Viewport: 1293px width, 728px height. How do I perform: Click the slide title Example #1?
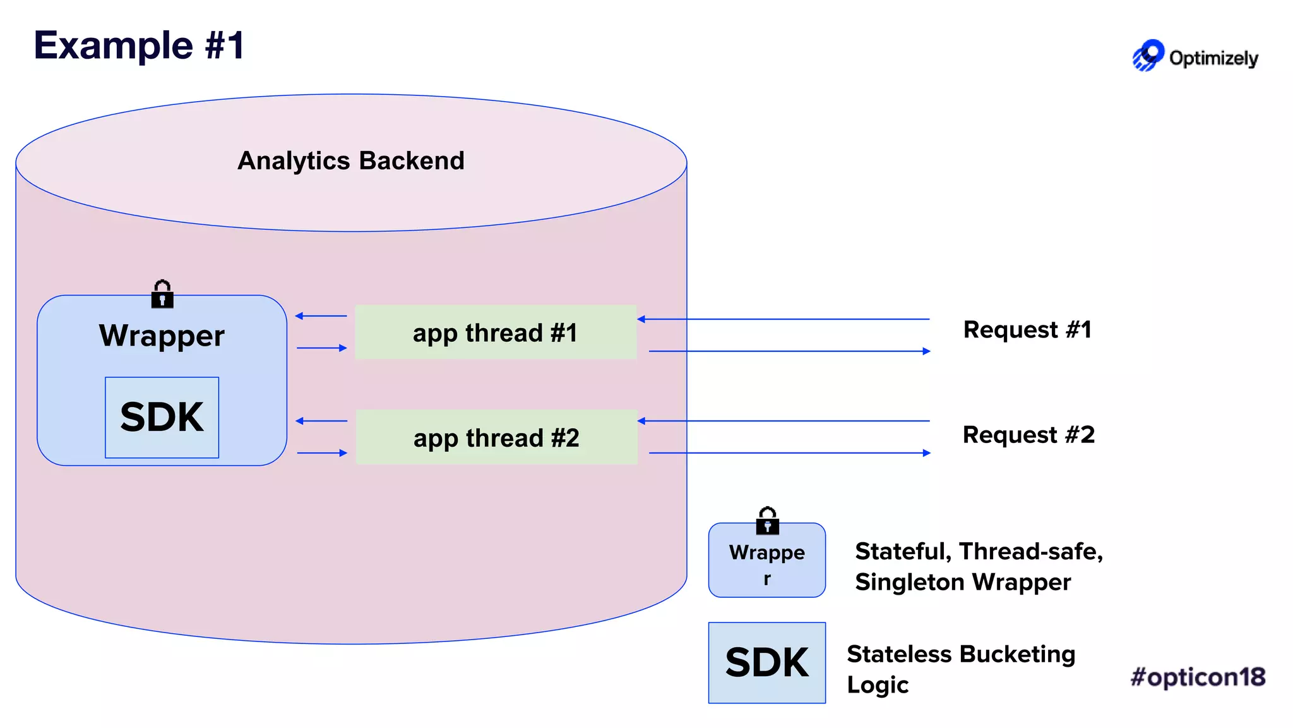pos(139,45)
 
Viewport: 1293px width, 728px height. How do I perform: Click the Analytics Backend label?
pos(351,161)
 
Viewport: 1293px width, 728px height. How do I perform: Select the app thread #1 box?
pos(496,332)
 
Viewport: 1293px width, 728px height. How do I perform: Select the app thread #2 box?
pos(496,437)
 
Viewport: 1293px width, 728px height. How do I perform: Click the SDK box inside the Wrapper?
pos(162,417)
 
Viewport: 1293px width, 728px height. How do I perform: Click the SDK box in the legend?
pos(766,662)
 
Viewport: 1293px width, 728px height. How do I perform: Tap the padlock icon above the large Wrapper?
pos(162,294)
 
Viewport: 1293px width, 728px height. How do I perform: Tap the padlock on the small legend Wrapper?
pos(767,521)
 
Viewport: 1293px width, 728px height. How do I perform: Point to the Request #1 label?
pos(1027,330)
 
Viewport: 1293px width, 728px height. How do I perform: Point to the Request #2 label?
pos(1028,435)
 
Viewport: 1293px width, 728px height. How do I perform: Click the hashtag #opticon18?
pos(1198,677)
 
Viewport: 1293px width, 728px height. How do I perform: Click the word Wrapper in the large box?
pos(162,336)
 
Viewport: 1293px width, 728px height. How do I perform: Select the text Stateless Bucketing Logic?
pos(960,669)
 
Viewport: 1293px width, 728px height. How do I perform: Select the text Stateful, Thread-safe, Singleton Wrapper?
pos(978,566)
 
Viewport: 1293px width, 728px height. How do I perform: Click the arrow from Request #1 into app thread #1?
pos(783,319)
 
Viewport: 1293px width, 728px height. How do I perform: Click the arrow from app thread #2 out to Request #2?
pos(789,452)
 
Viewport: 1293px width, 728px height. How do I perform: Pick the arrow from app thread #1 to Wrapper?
pos(321,316)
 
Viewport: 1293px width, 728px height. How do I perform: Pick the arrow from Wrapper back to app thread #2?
pos(322,452)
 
